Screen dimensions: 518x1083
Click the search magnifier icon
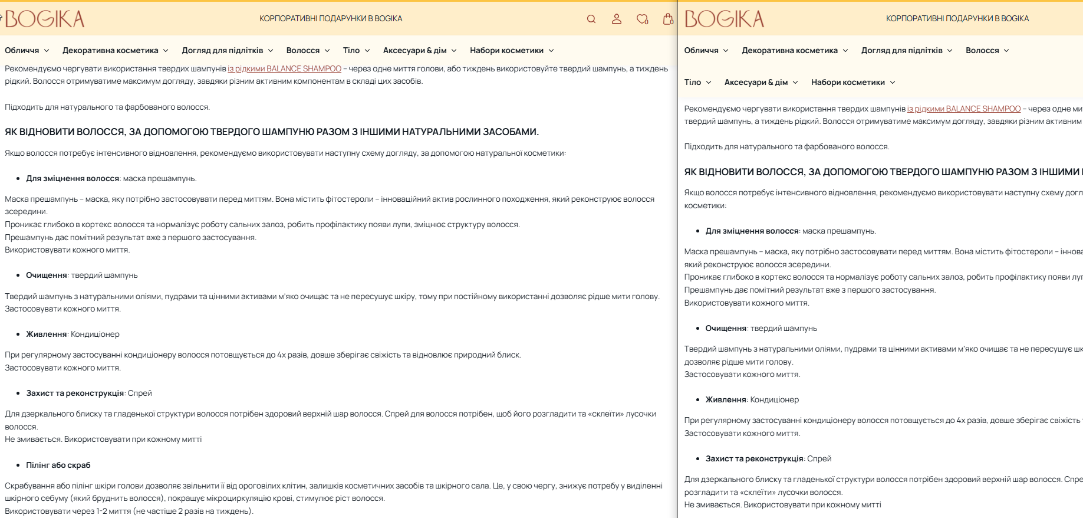click(x=591, y=19)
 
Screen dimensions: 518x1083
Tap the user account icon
click(x=617, y=19)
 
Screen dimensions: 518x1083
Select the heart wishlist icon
click(x=642, y=19)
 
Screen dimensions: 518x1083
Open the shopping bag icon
click(x=667, y=19)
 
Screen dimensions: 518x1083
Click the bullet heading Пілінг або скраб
click(x=58, y=465)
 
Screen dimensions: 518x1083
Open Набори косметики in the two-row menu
click(x=848, y=82)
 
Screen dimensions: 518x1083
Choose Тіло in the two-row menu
click(x=693, y=82)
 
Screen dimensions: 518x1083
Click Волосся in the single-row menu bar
click(x=303, y=50)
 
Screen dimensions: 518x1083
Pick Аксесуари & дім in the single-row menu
click(x=414, y=50)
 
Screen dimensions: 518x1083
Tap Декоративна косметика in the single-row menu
click(x=110, y=50)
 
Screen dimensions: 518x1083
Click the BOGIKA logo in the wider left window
click(x=45, y=19)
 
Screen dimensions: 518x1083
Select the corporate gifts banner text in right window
click(x=957, y=18)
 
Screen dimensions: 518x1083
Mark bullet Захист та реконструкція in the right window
click(x=754, y=458)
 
